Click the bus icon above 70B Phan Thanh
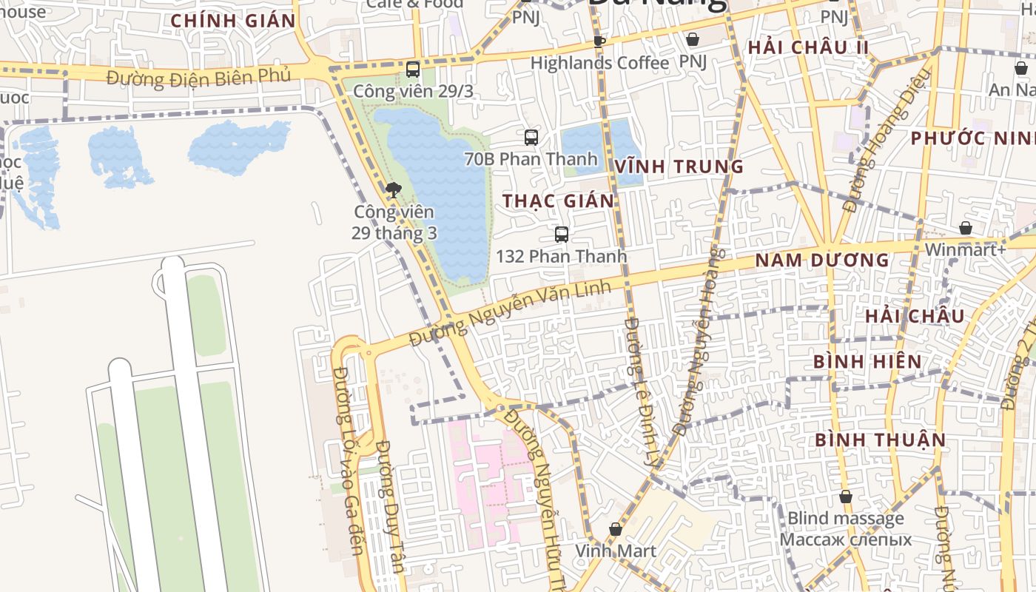pos(531,137)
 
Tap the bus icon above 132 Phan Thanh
pos(562,235)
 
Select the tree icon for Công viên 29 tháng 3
pos(394,190)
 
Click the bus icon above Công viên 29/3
pos(413,70)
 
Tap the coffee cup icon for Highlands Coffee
pos(599,41)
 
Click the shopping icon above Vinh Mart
pos(615,529)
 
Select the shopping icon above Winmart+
pos(965,228)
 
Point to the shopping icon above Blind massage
pos(845,497)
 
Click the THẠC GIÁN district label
pos(559,201)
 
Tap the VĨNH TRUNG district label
pos(679,166)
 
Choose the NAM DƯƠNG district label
pos(821,260)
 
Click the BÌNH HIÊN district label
pos(867,362)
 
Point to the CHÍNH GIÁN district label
pos(233,21)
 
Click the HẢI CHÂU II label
pos(807,47)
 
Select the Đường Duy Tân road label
pos(388,507)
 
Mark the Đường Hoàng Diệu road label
pos(886,141)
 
